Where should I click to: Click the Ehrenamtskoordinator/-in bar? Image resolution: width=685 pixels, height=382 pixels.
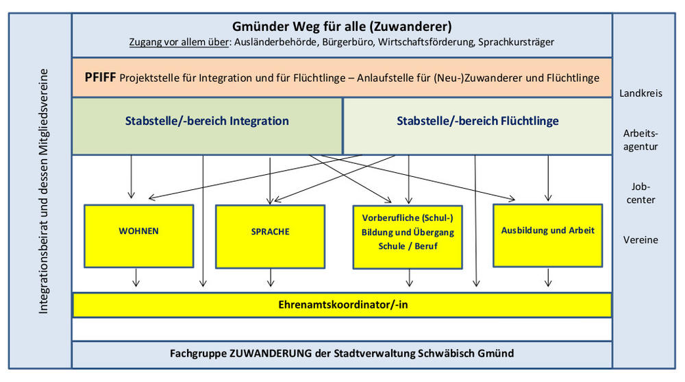(x=342, y=305)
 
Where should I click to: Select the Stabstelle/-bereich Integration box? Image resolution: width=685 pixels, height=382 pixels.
(x=207, y=121)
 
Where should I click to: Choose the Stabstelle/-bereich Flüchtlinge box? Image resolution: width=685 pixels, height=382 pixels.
(x=477, y=121)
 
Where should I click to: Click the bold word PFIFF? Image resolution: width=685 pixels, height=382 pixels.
(x=100, y=77)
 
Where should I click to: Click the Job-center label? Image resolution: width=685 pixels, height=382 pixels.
(x=640, y=193)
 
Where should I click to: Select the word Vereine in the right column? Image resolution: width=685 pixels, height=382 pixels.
(x=640, y=240)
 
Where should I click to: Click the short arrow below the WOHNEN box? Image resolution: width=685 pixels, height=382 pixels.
(x=136, y=276)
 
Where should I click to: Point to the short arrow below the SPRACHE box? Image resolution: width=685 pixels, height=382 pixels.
(x=272, y=276)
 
